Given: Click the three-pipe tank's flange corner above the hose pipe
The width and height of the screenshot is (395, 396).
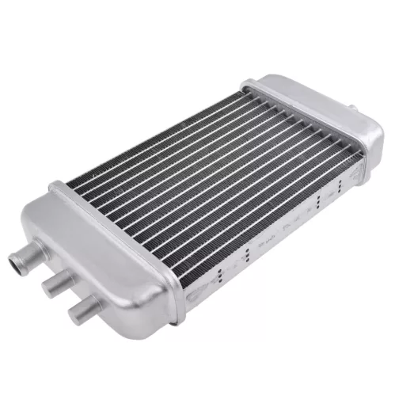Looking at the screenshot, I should [55, 188].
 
